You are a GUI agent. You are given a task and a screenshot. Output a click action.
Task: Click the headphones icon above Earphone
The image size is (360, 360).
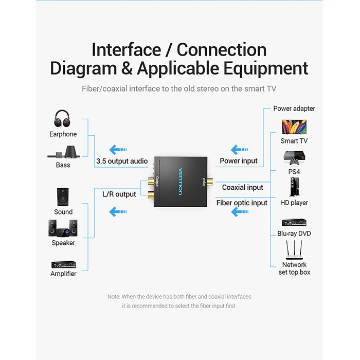point(62,119)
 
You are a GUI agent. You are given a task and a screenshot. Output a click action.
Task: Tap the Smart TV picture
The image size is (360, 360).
point(294,127)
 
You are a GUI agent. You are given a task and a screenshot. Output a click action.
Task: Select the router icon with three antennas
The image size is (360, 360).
point(294,250)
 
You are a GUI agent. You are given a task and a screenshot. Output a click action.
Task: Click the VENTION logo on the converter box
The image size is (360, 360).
point(181,182)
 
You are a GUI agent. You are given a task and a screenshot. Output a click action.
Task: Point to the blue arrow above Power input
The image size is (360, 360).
point(240,150)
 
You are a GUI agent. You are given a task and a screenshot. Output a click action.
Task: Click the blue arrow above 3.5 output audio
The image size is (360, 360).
point(118,150)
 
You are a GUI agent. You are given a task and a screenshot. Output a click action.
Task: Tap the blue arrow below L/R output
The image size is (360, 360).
point(118,212)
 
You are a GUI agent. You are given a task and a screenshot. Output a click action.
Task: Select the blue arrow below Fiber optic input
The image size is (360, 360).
point(240,212)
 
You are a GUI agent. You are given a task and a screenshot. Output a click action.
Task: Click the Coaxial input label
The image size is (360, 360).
point(242,187)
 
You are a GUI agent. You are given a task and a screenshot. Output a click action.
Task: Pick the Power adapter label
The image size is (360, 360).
point(294,109)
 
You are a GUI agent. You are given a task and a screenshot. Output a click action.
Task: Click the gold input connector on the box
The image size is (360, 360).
point(210,182)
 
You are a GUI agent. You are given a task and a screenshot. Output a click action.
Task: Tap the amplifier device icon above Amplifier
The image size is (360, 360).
point(64,264)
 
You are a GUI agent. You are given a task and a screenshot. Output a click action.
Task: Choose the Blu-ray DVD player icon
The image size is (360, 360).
point(294,223)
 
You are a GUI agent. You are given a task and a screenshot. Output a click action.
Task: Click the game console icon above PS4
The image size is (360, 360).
point(294,158)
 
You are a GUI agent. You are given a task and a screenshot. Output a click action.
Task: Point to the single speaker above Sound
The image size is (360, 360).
point(63,197)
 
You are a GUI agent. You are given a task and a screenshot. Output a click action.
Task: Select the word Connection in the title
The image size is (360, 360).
point(222,49)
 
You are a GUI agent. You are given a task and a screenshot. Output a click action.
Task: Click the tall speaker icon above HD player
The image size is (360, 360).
point(294,187)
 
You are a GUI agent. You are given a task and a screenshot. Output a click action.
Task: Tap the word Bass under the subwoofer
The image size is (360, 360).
point(63,165)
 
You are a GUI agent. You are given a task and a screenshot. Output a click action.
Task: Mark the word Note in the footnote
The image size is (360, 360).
point(114,297)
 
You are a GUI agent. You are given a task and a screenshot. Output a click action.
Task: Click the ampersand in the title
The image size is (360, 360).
point(127,68)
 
